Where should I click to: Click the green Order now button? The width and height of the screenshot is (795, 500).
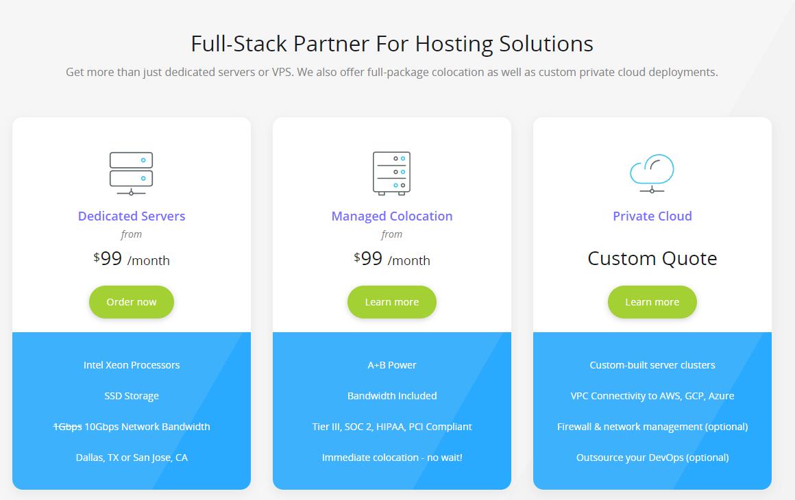(132, 302)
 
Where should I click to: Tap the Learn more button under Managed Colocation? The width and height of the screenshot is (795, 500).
(392, 302)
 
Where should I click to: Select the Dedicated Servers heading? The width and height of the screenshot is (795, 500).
(132, 216)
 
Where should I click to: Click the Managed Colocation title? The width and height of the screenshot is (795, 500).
(392, 216)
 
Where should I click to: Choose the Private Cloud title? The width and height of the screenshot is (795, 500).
(652, 216)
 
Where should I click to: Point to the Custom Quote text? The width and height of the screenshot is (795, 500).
(652, 258)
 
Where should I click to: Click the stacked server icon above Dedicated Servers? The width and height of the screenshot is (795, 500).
(131, 173)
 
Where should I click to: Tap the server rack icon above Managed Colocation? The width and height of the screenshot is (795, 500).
(391, 173)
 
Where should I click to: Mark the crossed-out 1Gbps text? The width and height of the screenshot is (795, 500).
(67, 427)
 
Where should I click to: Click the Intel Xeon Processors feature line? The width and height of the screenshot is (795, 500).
(132, 365)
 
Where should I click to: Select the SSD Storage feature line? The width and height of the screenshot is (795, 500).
(132, 396)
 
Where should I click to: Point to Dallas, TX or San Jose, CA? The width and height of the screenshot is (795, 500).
(132, 458)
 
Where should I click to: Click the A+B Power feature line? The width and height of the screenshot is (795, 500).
(392, 365)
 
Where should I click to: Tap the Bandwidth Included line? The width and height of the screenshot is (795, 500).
(392, 396)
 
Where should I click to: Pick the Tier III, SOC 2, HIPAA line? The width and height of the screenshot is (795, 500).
(392, 427)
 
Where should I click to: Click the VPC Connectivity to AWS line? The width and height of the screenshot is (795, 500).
(652, 396)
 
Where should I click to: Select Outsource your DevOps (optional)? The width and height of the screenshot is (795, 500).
(652, 458)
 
